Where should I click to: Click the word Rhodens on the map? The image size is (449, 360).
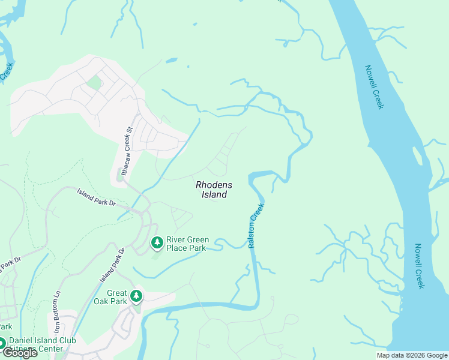(214, 185)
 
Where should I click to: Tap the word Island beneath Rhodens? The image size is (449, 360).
(214, 194)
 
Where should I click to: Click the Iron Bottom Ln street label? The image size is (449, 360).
(58, 312)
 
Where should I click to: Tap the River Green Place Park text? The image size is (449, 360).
(186, 243)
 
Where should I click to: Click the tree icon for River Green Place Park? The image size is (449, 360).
(157, 243)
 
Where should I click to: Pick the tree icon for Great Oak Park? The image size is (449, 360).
(136, 296)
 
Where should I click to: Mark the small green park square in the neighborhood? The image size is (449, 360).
(94, 82)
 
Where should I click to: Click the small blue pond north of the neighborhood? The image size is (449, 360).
(171, 60)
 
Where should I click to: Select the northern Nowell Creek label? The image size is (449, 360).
(374, 87)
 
